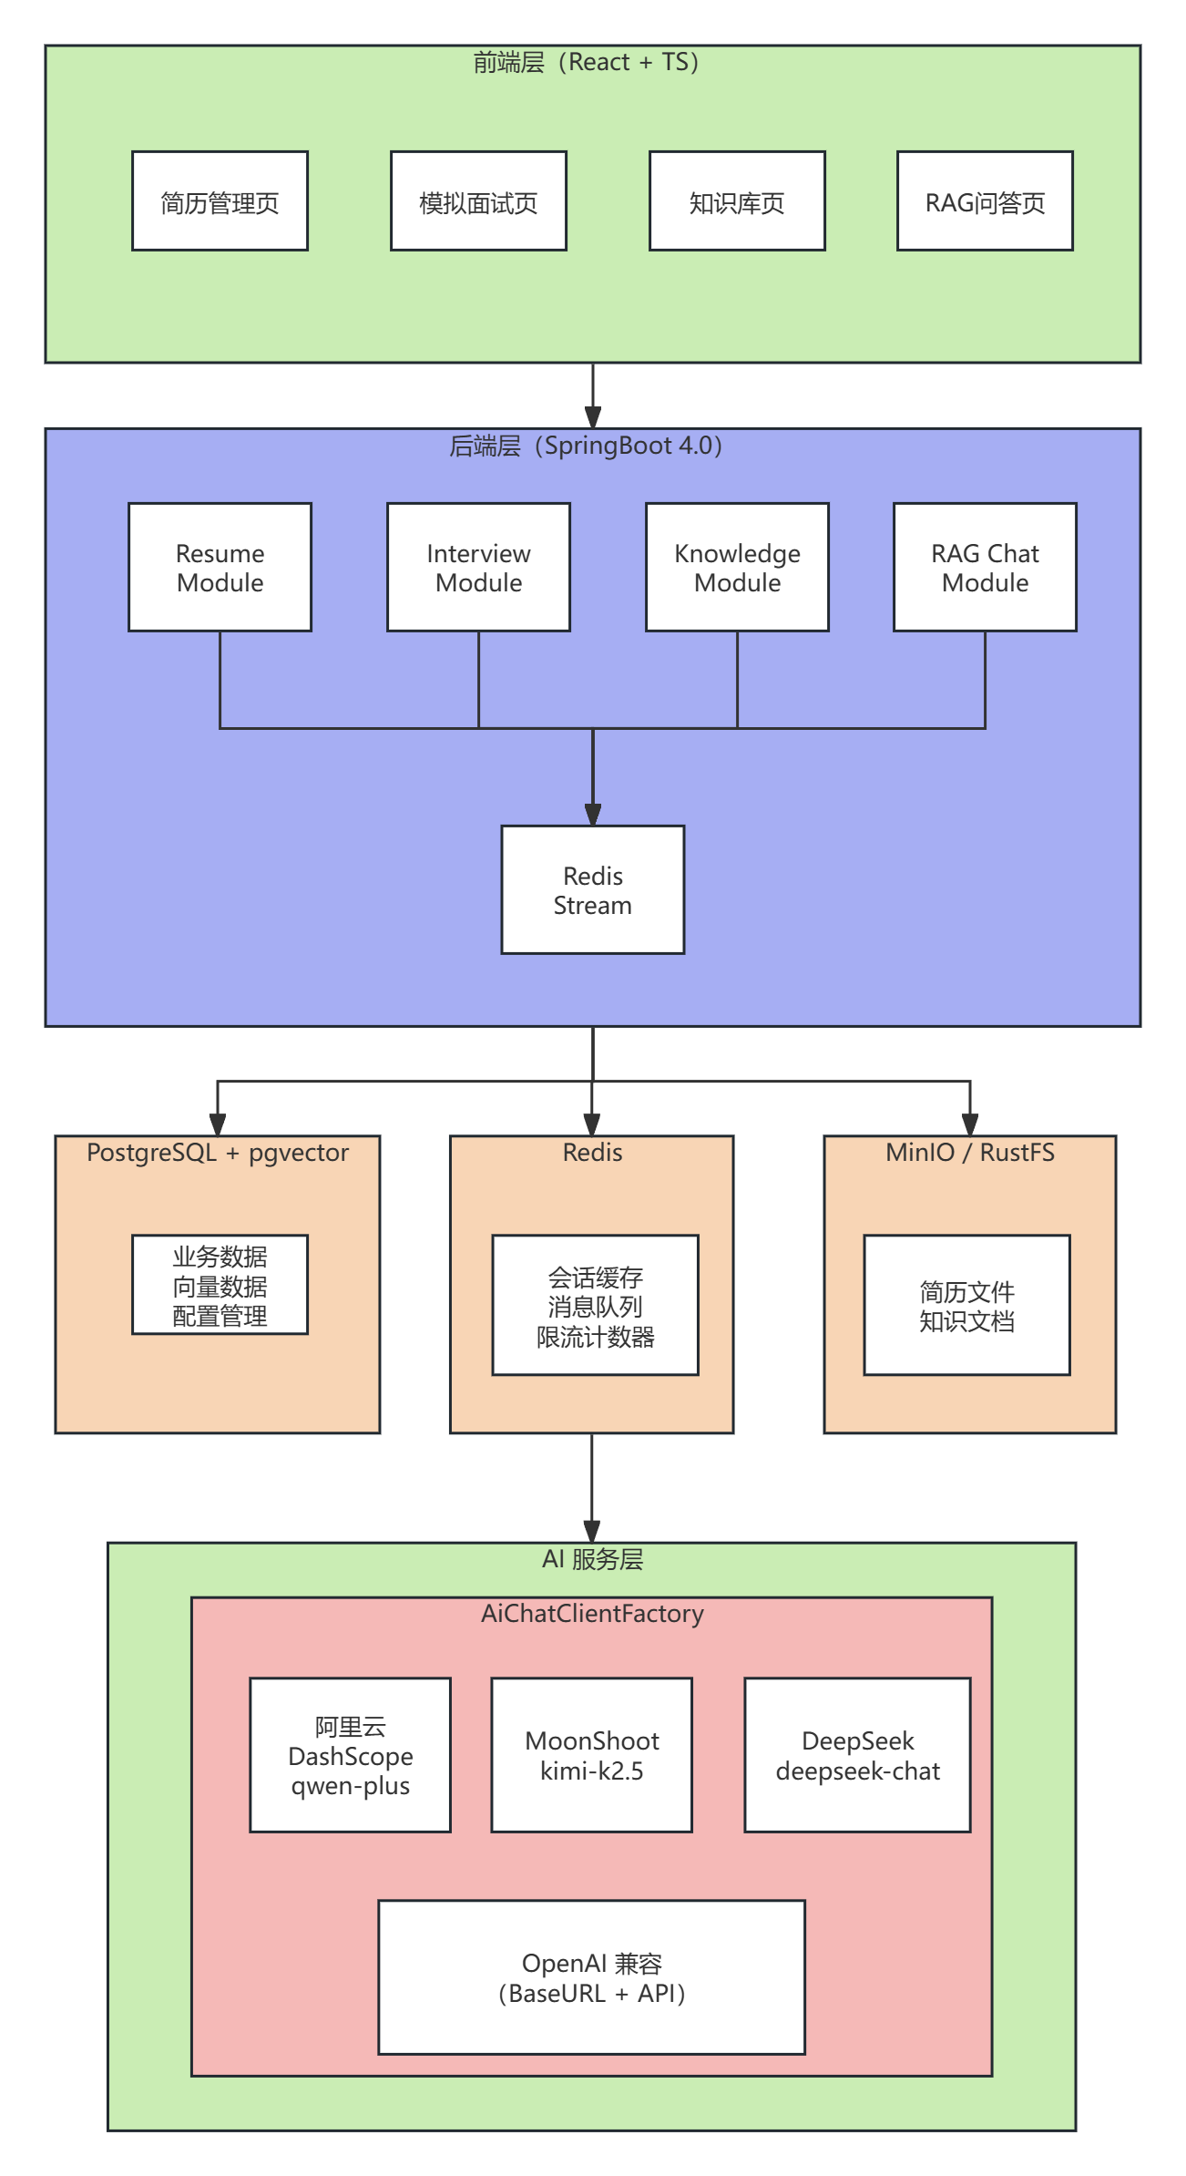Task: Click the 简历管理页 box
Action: tap(220, 201)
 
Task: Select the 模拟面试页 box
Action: tap(478, 201)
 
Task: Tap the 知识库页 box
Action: tap(737, 201)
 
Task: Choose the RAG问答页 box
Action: tap(985, 201)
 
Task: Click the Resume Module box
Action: tap(220, 567)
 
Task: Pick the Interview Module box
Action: tap(478, 567)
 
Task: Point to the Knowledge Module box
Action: tap(737, 567)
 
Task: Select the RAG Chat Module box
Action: tap(985, 567)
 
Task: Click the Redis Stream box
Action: tap(592, 889)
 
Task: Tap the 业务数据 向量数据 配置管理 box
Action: tap(220, 1285)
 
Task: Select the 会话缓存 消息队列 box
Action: tap(595, 1305)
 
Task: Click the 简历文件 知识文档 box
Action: tap(966, 1305)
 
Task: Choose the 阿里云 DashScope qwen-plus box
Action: tap(350, 1755)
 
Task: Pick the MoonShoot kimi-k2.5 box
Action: tap(591, 1755)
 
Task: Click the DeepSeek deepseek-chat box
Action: tap(857, 1755)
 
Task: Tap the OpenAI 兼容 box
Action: tap(591, 1977)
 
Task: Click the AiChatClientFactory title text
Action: tap(592, 1614)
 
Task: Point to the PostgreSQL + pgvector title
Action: tap(218, 1153)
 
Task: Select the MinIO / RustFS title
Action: tap(969, 1153)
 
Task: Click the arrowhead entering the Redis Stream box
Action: tap(593, 816)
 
